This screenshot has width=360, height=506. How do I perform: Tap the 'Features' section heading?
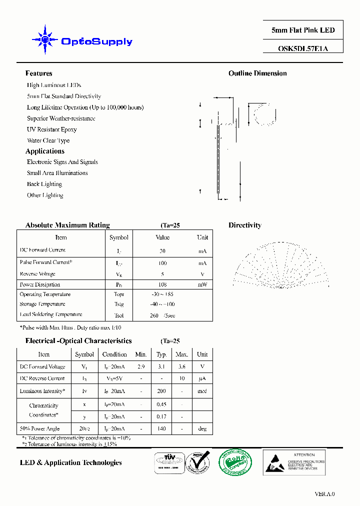pos(39,73)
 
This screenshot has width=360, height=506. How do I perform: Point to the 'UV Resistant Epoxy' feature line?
pos(52,129)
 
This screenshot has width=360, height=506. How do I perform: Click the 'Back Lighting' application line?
pos(44,184)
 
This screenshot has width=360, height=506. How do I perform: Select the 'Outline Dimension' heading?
pos(257,73)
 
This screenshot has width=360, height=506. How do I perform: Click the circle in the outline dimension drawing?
pos(265,113)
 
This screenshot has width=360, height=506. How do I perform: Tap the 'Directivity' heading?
pos(245,225)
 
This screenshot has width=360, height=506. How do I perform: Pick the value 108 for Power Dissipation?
pos(162,284)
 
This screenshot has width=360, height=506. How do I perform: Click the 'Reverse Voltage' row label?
pos(37,274)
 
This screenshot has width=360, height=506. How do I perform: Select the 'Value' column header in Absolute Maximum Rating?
pos(162,237)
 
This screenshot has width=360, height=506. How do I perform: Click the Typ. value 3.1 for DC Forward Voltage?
pos(161,366)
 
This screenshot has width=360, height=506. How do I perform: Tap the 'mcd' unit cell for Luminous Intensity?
pos(202,391)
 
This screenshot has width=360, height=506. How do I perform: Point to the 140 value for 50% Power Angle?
pos(161,428)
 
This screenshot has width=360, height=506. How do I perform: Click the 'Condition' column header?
pos(114,354)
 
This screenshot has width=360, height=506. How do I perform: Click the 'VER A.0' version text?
pos(324,494)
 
